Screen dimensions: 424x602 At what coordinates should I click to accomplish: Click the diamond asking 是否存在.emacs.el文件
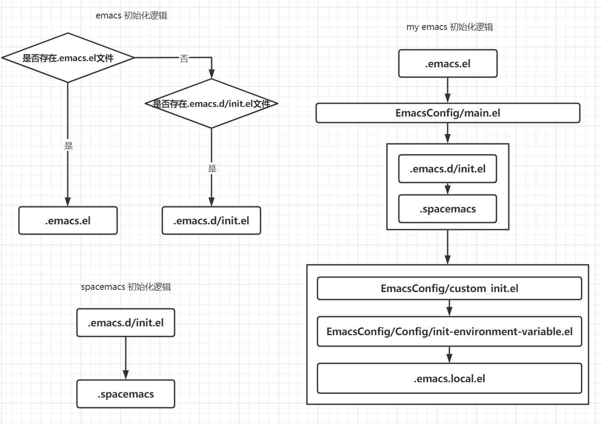pyautogui.click(x=68, y=58)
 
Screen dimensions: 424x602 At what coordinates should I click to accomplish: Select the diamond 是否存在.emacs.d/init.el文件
pyautogui.click(x=211, y=104)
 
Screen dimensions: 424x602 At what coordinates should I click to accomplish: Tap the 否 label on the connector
pyautogui.click(x=184, y=58)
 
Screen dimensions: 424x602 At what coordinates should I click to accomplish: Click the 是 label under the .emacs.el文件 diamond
pyautogui.click(x=68, y=146)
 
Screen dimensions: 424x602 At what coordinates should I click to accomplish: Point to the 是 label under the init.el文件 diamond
pyautogui.click(x=212, y=168)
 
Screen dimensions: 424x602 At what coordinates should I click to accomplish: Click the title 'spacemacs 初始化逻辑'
pyautogui.click(x=126, y=287)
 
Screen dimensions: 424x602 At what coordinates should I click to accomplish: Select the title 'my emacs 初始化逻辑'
pyautogui.click(x=449, y=27)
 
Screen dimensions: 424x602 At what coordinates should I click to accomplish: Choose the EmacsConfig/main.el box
pyautogui.click(x=448, y=113)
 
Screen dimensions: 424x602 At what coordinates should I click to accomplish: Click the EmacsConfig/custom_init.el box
pyautogui.click(x=449, y=289)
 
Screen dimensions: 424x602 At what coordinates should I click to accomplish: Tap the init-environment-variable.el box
pyautogui.click(x=449, y=331)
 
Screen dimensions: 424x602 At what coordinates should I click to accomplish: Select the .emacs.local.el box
pyautogui.click(x=449, y=378)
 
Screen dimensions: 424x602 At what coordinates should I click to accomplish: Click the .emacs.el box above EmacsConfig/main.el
pyautogui.click(x=448, y=64)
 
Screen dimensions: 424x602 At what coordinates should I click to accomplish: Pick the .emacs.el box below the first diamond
pyautogui.click(x=68, y=220)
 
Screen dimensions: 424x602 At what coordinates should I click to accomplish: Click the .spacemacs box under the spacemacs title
pyautogui.click(x=126, y=394)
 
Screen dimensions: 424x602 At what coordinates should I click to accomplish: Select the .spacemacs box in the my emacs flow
pyautogui.click(x=447, y=209)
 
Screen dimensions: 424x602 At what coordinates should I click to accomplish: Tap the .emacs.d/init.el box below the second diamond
pyautogui.click(x=211, y=220)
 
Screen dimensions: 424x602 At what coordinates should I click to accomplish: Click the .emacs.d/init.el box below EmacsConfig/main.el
pyautogui.click(x=447, y=169)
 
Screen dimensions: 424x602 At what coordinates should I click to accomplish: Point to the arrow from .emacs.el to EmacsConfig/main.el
pyautogui.click(x=448, y=91)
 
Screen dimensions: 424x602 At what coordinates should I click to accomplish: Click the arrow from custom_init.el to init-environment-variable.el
pyautogui.click(x=449, y=308)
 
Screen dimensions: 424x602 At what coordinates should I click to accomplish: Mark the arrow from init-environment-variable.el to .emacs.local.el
pyautogui.click(x=449, y=355)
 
